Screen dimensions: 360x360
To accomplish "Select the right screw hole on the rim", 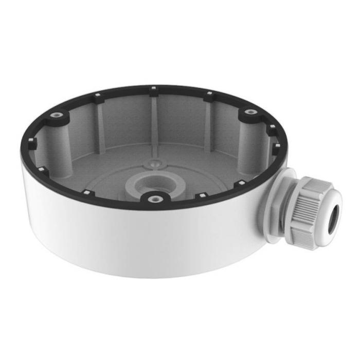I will pyautogui.click(x=249, y=112).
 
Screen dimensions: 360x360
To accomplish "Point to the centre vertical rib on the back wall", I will pyautogui.click(x=153, y=118).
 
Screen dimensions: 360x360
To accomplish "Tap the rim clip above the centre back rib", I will pyautogui.click(x=153, y=89).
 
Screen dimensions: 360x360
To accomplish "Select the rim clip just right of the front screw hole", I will pyautogui.click(x=204, y=195).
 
